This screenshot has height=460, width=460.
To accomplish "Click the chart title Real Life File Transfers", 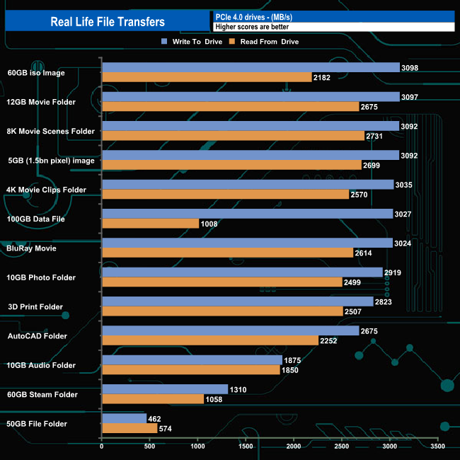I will pos(108,21).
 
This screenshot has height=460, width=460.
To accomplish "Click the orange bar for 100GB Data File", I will pos(150,224).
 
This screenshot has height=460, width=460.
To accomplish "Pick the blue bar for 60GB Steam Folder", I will pos(165,389).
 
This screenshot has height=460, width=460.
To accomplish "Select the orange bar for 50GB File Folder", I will pos(130,428).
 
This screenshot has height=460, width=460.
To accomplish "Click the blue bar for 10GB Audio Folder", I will pos(192,360).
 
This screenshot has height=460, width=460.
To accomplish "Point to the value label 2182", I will pos(321,77).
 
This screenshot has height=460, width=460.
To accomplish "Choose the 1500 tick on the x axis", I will pos(246,447).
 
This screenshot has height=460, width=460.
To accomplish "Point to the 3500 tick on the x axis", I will pos(437,447).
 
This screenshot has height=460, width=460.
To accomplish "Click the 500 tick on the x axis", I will pos(150,447).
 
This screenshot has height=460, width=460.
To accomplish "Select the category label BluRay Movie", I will pos(32,248).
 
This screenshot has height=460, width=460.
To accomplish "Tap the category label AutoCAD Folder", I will pos(38,336).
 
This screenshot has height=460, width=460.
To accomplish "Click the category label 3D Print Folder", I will pos(36,307).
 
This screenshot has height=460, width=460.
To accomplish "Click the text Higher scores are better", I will pos(252,27).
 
